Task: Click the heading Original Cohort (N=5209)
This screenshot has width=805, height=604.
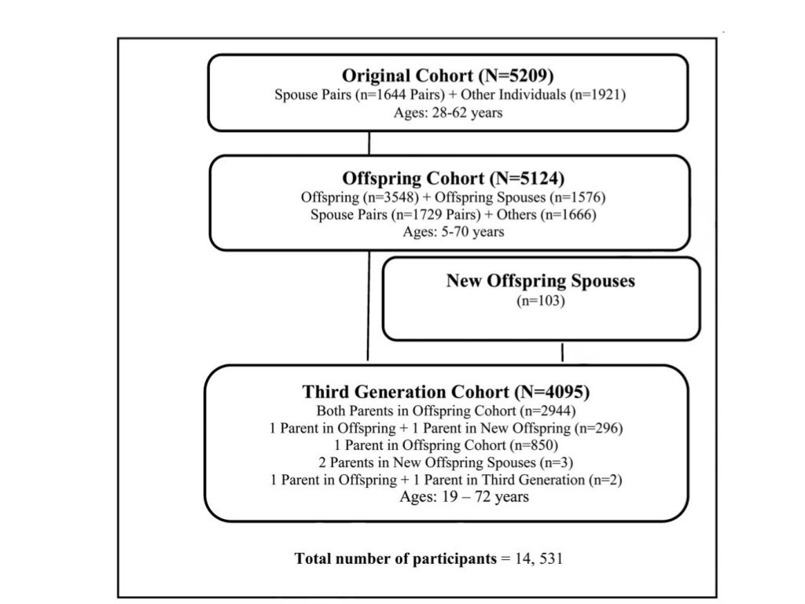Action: tap(448, 76)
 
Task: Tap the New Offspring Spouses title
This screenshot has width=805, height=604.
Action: tap(540, 281)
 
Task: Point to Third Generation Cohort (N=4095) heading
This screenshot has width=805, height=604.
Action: tap(446, 392)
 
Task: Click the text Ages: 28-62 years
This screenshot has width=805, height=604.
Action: tap(448, 112)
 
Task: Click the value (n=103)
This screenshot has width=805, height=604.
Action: tap(540, 300)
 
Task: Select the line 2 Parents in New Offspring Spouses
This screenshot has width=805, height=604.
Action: tap(446, 462)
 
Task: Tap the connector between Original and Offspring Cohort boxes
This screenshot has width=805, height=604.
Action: tap(369, 143)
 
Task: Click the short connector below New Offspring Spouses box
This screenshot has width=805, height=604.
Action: tap(562, 352)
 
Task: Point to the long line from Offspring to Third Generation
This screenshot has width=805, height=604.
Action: tap(368, 307)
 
